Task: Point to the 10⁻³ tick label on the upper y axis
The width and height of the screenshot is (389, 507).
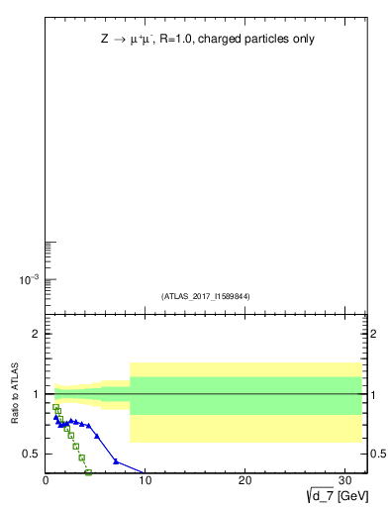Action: tap(29, 280)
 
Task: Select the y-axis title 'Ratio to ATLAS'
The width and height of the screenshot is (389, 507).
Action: tap(16, 394)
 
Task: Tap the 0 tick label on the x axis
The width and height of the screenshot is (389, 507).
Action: tap(46, 480)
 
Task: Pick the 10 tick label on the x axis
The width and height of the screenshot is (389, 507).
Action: tap(146, 480)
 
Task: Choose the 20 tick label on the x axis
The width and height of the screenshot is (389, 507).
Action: tap(245, 480)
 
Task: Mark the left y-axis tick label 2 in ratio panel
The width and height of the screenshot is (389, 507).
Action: tap(36, 335)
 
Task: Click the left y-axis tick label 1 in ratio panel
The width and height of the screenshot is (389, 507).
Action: tap(36, 394)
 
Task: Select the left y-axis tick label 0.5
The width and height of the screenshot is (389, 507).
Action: tap(31, 454)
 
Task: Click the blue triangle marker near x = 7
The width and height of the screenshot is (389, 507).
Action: tap(116, 461)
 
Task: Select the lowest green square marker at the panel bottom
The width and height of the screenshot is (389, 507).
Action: tap(89, 472)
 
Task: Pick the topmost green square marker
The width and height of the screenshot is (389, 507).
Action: tap(56, 407)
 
